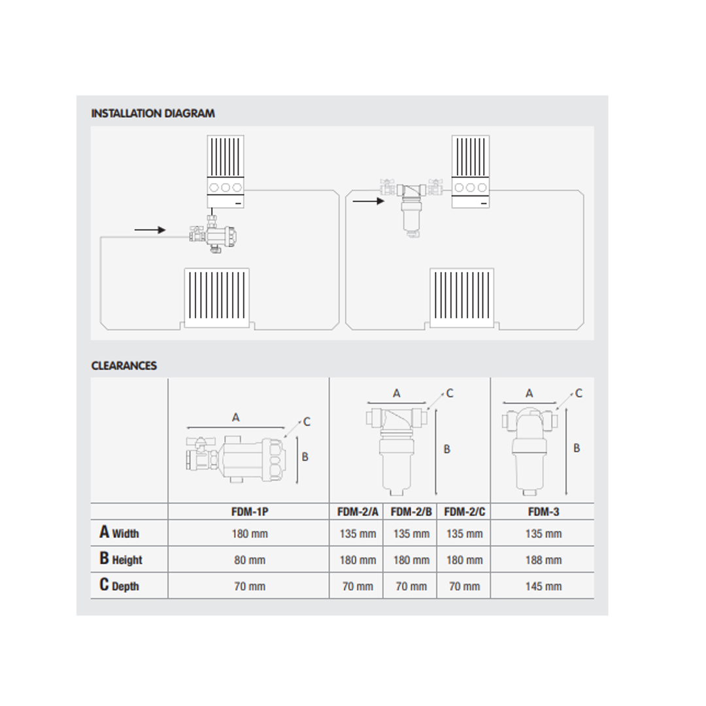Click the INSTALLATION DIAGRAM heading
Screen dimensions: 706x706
pyautogui.click(x=153, y=113)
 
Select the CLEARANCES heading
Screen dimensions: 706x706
pyautogui.click(x=124, y=365)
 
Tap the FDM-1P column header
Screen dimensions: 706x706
pyautogui.click(x=250, y=511)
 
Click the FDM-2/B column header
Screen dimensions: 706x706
pyautogui.click(x=411, y=511)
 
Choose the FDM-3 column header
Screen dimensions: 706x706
pyautogui.click(x=543, y=511)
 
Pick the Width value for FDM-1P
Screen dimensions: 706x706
pyautogui.click(x=250, y=533)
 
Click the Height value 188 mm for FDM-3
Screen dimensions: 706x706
pyautogui.click(x=543, y=560)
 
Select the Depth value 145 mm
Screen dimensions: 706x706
pyautogui.click(x=543, y=586)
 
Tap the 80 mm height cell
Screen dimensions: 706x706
pyautogui.click(x=250, y=560)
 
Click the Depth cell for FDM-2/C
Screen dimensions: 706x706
pyautogui.click(x=465, y=586)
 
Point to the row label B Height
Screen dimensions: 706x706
pyautogui.click(x=121, y=559)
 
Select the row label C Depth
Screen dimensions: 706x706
pyautogui.click(x=120, y=585)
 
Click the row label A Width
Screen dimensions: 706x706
pyautogui.click(x=120, y=532)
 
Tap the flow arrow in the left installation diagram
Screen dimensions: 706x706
pyautogui.click(x=150, y=230)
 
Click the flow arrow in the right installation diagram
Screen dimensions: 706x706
pyautogui.click(x=368, y=201)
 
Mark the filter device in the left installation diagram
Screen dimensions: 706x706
pyautogui.click(x=213, y=235)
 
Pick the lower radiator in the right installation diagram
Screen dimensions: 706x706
pyautogui.click(x=462, y=298)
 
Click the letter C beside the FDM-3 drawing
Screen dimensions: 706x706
pyautogui.click(x=579, y=394)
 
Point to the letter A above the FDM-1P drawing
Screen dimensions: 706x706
pyautogui.click(x=235, y=418)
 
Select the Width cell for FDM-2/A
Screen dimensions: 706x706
pyautogui.click(x=358, y=533)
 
